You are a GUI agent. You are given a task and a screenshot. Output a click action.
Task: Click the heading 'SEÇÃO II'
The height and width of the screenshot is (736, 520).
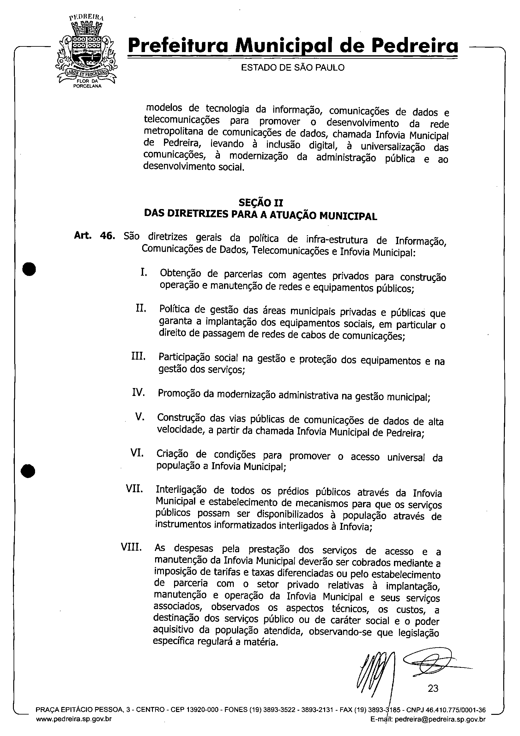point(261,203)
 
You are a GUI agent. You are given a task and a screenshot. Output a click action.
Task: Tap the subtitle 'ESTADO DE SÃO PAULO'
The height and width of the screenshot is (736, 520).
point(293,68)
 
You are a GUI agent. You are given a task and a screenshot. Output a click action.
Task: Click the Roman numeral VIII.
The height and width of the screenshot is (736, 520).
point(131,547)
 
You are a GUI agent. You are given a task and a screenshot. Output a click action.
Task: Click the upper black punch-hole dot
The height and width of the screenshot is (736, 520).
point(29,269)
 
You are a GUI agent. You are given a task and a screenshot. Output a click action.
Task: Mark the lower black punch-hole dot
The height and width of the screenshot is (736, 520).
point(28,470)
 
